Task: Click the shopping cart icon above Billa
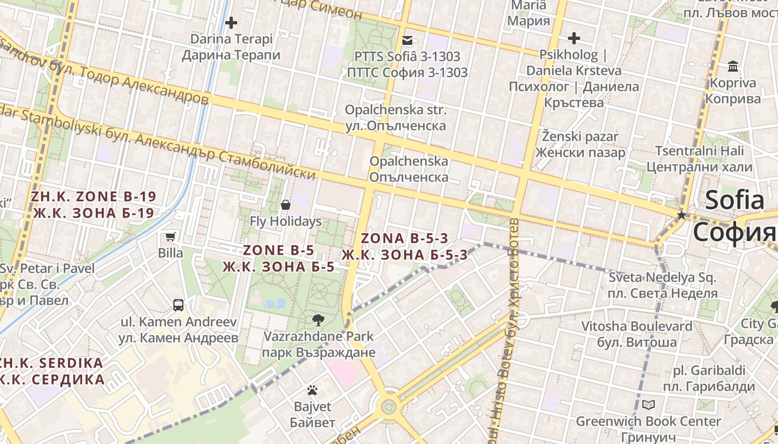[x=171, y=237]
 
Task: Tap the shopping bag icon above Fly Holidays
[x=286, y=205]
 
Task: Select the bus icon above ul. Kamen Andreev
[x=178, y=305]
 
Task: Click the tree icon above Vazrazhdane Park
[x=318, y=320]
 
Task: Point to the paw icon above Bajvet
[x=312, y=390]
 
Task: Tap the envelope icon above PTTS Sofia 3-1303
[x=407, y=40]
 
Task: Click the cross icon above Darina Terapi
[x=231, y=23]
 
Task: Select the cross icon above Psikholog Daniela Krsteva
[x=573, y=38]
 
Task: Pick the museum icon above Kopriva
[x=733, y=67]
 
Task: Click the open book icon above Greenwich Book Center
[x=648, y=405]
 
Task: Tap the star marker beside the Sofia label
[x=681, y=215]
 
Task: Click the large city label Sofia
[x=735, y=200]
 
